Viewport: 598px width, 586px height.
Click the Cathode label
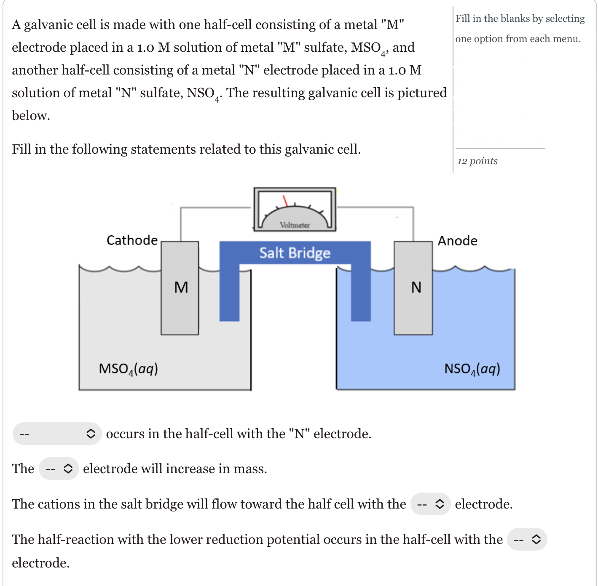pyautogui.click(x=132, y=240)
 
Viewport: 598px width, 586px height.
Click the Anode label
pyautogui.click(x=457, y=240)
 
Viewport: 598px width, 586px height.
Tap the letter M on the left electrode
pyautogui.click(x=181, y=287)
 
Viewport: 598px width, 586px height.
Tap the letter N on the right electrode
pyautogui.click(x=416, y=287)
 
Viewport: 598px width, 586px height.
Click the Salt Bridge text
pyautogui.click(x=295, y=253)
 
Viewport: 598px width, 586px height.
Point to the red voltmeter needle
pyautogui.click(x=285, y=200)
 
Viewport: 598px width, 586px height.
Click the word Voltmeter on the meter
pyautogui.click(x=295, y=225)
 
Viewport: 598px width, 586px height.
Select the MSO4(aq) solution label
pyautogui.click(x=128, y=369)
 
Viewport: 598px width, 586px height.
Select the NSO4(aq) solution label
pyautogui.click(x=472, y=369)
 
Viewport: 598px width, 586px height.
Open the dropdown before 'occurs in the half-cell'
pyautogui.click(x=57, y=434)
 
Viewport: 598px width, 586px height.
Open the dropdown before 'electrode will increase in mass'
pyautogui.click(x=59, y=469)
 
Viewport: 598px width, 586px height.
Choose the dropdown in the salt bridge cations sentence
pyautogui.click(x=430, y=504)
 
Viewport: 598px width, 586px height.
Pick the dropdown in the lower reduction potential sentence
pyautogui.click(x=527, y=539)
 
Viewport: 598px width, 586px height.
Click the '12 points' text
pyautogui.click(x=477, y=161)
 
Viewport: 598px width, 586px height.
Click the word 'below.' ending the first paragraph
pyautogui.click(x=31, y=115)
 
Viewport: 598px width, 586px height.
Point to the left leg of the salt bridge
pyautogui.click(x=229, y=295)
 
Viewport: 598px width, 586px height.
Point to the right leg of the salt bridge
pyautogui.click(x=361, y=295)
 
